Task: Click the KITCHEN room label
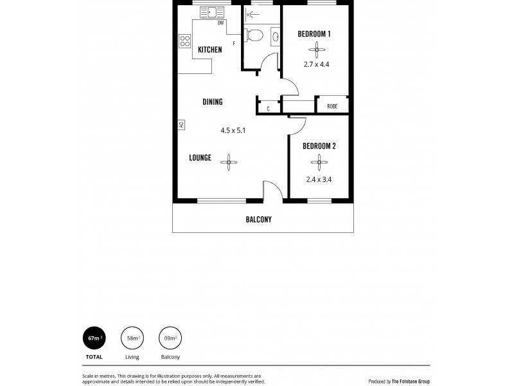point(210,50)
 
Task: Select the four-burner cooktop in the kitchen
point(185,41)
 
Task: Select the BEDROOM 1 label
point(315,33)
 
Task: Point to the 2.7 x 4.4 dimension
point(315,64)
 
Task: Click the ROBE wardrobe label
point(332,106)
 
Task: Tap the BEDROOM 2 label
point(319,146)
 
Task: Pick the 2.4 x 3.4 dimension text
point(319,179)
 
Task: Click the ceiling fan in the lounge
point(229,162)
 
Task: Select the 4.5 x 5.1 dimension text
point(233,130)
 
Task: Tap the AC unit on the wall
point(182,124)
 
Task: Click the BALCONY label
point(259,219)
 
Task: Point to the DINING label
point(213,102)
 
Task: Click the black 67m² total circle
point(94,337)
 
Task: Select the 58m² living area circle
point(132,337)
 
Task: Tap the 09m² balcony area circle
point(170,337)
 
